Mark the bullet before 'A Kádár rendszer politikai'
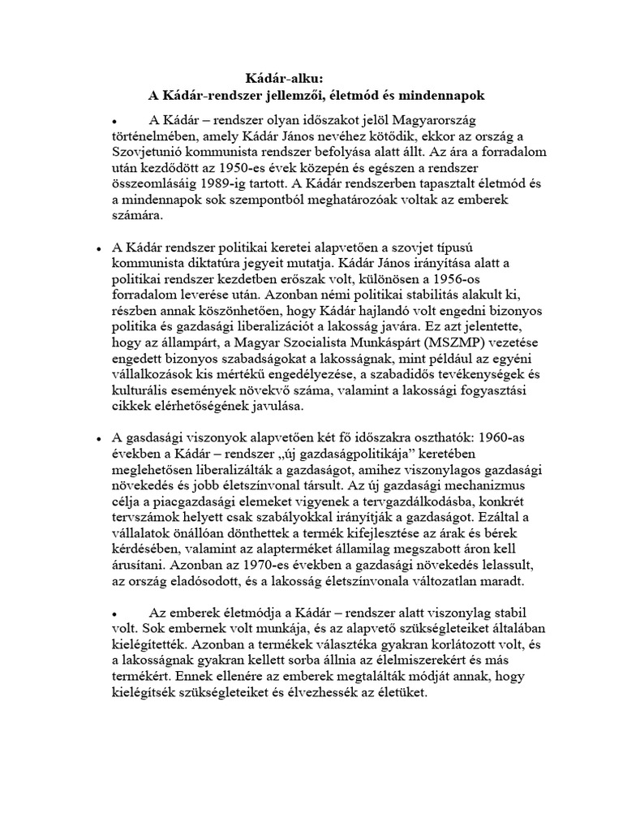[x=98, y=248]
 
